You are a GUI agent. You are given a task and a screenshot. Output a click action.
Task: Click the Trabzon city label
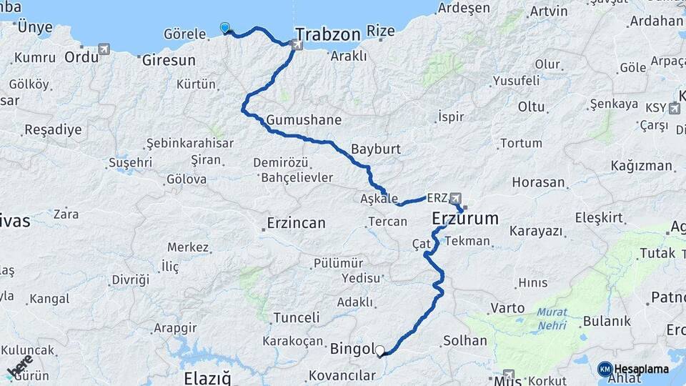pos(327,34)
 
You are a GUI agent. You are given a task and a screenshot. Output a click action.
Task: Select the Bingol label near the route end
pos(352,350)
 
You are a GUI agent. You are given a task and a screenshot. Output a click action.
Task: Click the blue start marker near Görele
pos(225,28)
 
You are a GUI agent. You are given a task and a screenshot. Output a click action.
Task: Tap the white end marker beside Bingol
pos(380,351)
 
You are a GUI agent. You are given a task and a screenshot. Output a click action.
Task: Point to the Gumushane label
pos(304,119)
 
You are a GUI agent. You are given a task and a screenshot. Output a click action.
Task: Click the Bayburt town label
pos(375,150)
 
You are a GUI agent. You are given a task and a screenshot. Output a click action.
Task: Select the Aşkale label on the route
pos(379,198)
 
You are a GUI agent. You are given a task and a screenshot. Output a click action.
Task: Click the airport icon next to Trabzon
pos(297,45)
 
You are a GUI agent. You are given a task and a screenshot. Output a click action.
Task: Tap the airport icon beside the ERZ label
pos(456,197)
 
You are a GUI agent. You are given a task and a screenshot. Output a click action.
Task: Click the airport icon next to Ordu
pos(105,49)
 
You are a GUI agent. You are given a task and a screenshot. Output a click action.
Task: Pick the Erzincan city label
pos(296,223)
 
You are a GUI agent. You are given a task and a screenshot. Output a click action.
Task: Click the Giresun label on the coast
pos(169,60)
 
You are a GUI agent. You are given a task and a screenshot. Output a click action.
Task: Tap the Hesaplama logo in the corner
pos(633,369)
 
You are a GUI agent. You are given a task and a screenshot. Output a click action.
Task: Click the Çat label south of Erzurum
pos(422,244)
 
